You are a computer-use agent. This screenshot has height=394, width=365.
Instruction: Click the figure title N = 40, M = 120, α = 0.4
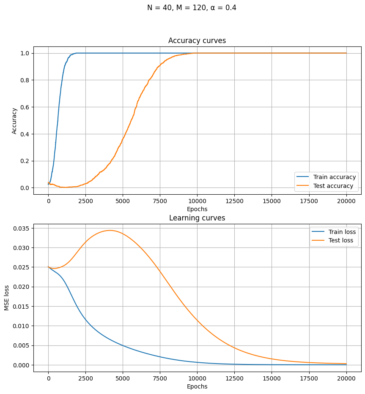(x=192, y=8)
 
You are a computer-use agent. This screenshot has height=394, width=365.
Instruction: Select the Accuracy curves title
(x=197, y=41)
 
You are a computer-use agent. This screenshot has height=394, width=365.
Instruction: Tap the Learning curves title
(x=197, y=218)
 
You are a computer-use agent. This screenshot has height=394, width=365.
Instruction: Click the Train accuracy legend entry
(x=333, y=177)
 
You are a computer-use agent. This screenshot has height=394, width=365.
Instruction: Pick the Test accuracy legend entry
(x=333, y=186)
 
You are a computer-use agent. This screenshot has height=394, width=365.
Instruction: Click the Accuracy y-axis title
(x=15, y=121)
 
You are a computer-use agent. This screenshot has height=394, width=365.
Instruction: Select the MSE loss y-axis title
(x=7, y=298)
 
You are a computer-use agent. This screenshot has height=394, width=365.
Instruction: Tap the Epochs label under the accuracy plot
(x=197, y=209)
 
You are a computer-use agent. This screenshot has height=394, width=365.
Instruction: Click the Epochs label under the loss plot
(x=197, y=386)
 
